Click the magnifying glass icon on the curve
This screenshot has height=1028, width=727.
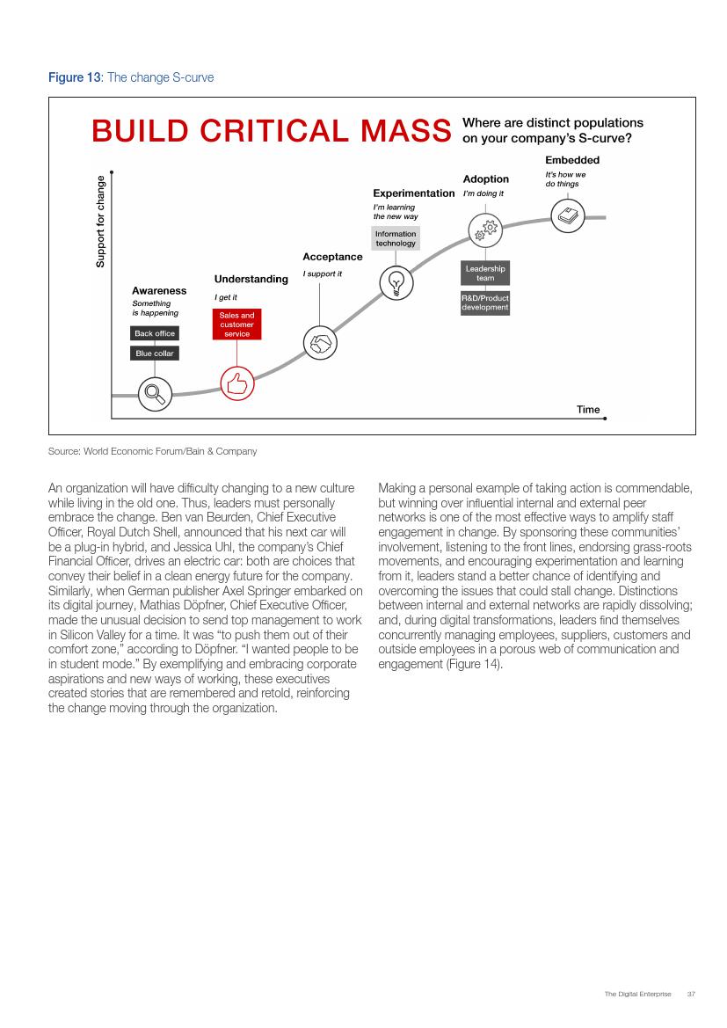pos(155,392)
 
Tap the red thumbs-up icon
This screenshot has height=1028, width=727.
pos(236,383)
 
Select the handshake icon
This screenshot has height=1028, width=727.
pos(319,342)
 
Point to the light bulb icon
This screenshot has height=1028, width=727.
pos(396,282)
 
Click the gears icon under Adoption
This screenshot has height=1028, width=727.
pos(485,230)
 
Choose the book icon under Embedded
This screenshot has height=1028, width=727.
pos(567,215)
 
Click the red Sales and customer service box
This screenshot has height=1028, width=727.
pos(236,324)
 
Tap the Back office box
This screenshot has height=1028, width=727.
pos(155,333)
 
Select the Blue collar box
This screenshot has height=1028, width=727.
pos(155,354)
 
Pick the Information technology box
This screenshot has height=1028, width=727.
pos(396,238)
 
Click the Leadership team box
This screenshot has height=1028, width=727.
pos(485,273)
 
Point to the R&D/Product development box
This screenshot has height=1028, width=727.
pos(485,303)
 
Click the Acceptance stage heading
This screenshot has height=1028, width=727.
pos(332,257)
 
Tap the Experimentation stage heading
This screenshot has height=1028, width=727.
pos(413,193)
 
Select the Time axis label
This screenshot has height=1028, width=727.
pos(588,409)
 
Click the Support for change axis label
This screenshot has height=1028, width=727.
pos(100,222)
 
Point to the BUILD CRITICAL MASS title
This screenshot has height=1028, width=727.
pos(271,131)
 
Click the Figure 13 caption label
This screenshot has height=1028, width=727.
pos(74,77)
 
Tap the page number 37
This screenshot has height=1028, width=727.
pos(691,994)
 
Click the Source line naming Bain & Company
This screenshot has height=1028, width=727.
pos(153,451)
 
